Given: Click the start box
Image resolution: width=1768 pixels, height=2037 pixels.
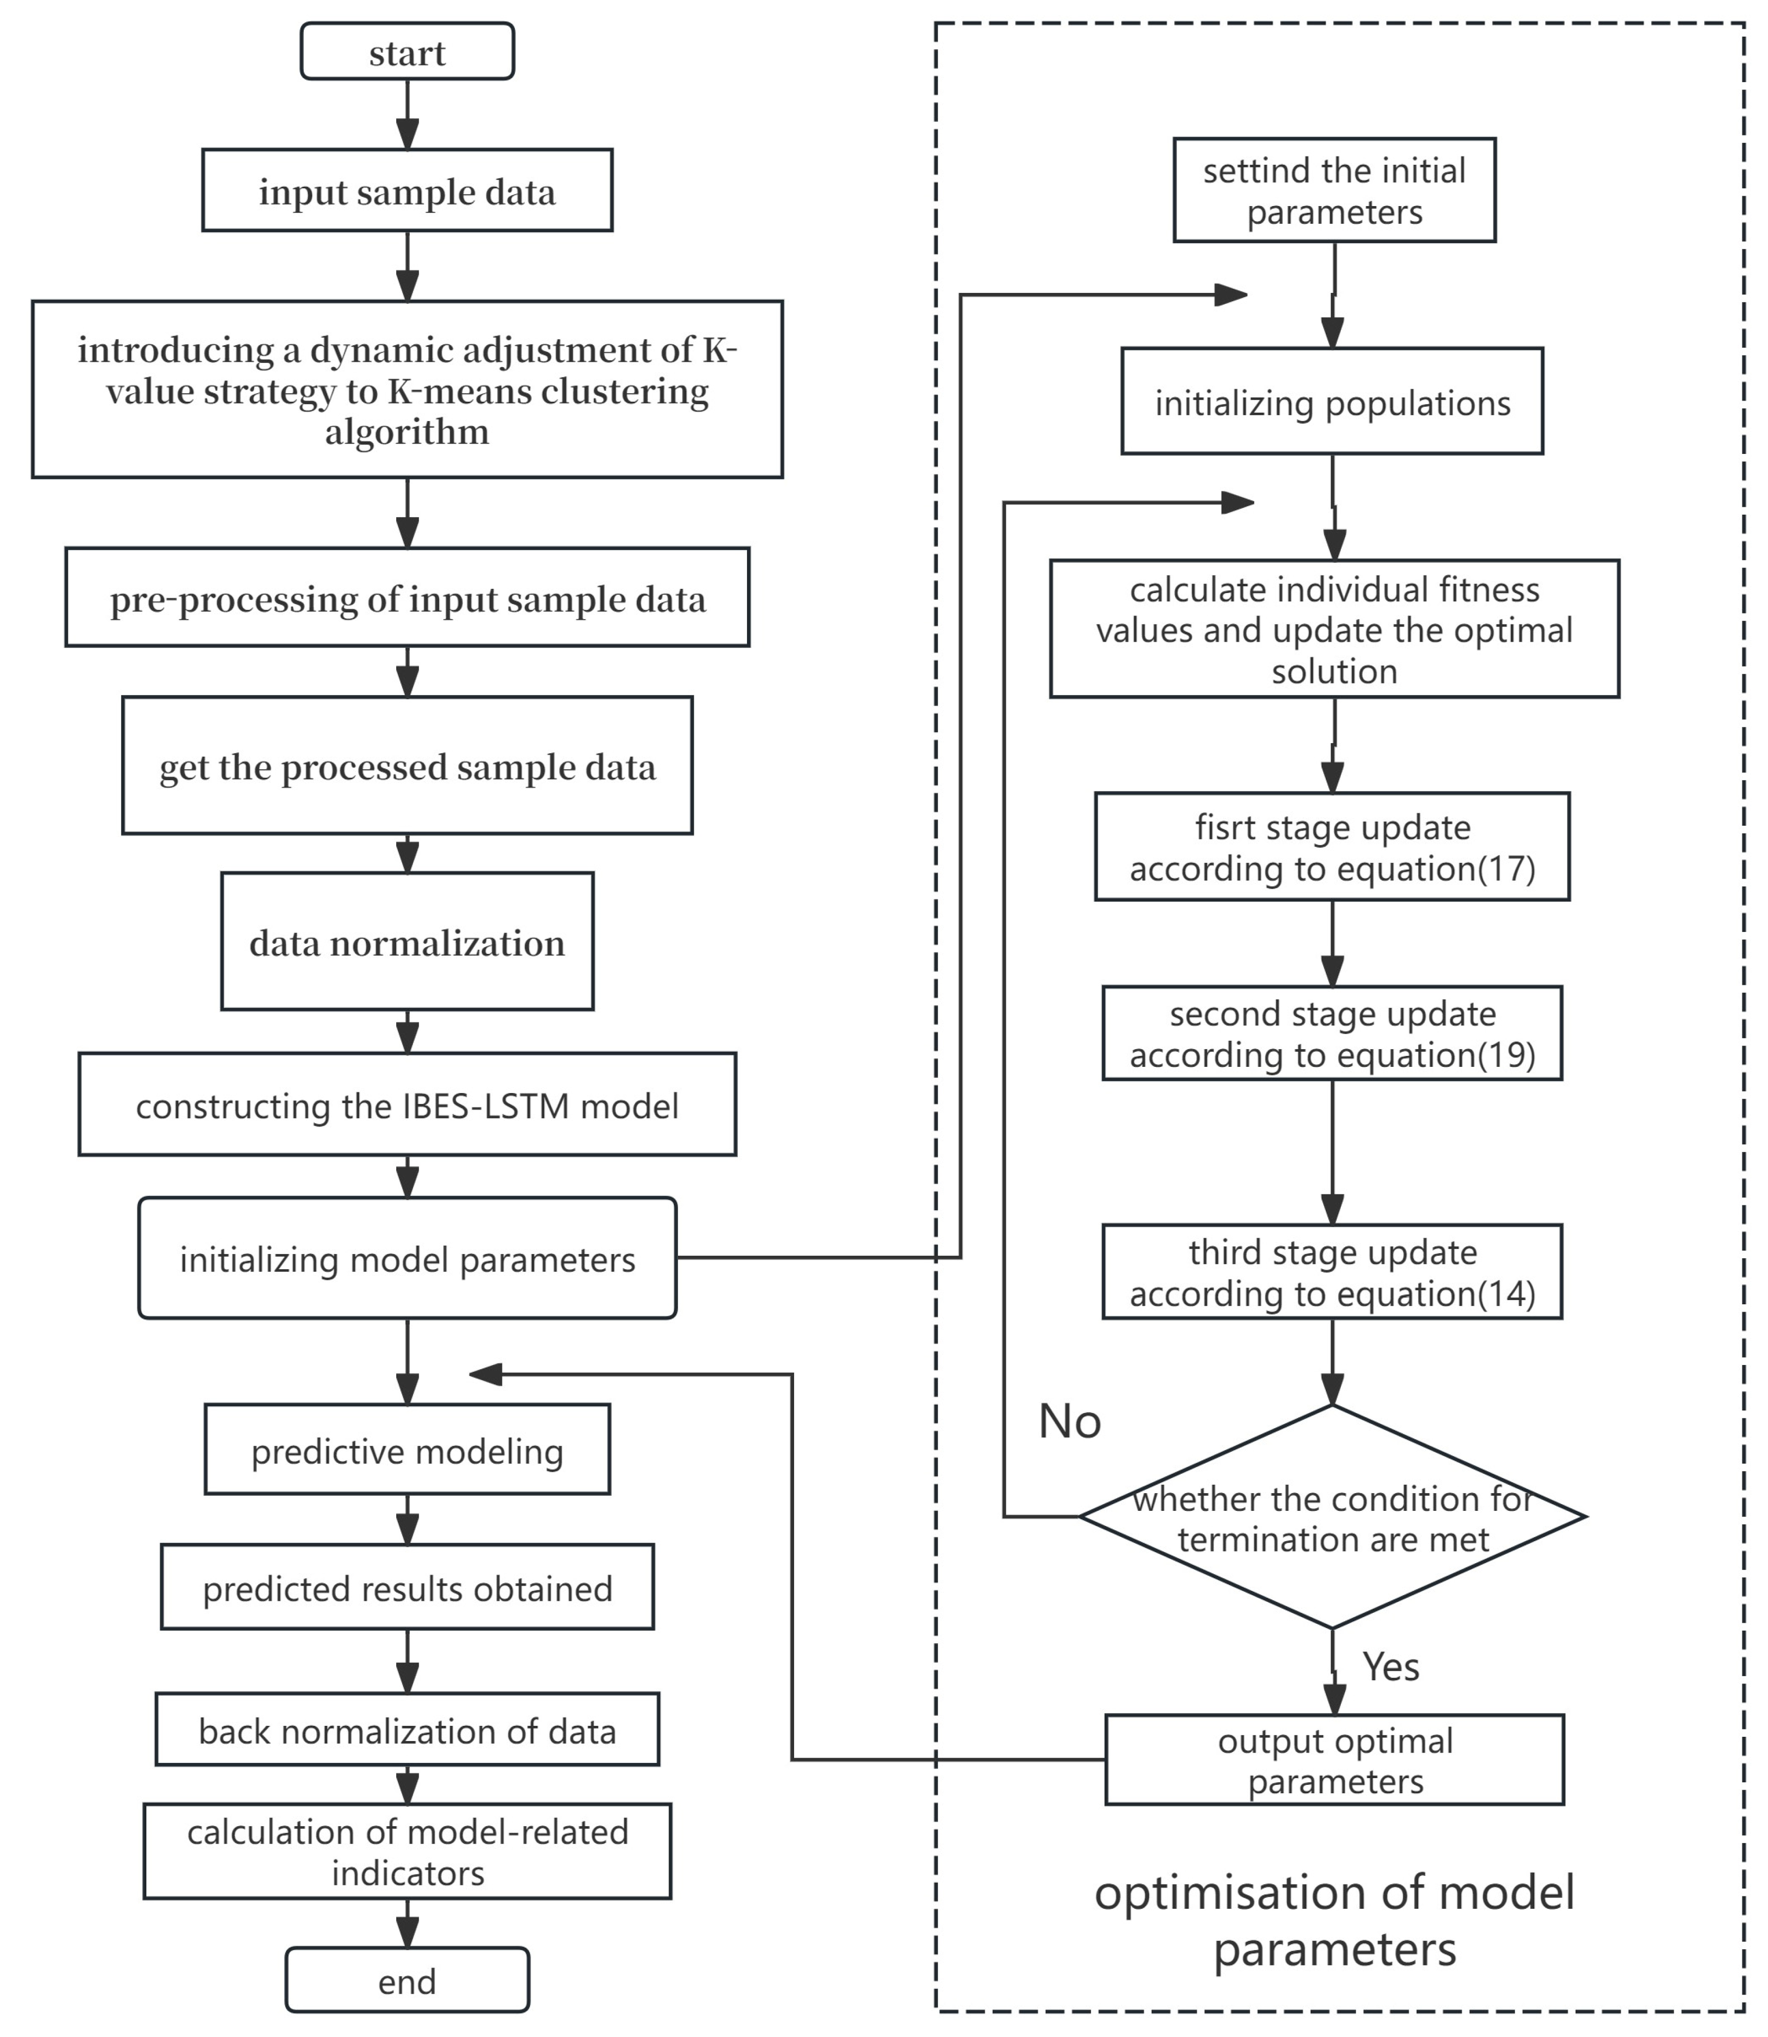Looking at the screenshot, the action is point(407,51).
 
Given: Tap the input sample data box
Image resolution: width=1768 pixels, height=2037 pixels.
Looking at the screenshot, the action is point(407,190).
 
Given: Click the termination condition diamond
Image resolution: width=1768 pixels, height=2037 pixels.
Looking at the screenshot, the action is point(1333,1517).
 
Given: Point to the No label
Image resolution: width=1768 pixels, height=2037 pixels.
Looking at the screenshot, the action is point(1070,1421).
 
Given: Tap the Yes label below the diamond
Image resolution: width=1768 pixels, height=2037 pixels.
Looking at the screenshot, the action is point(1391,1667).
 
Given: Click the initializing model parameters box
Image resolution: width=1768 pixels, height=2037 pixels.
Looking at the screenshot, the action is point(407,1258).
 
